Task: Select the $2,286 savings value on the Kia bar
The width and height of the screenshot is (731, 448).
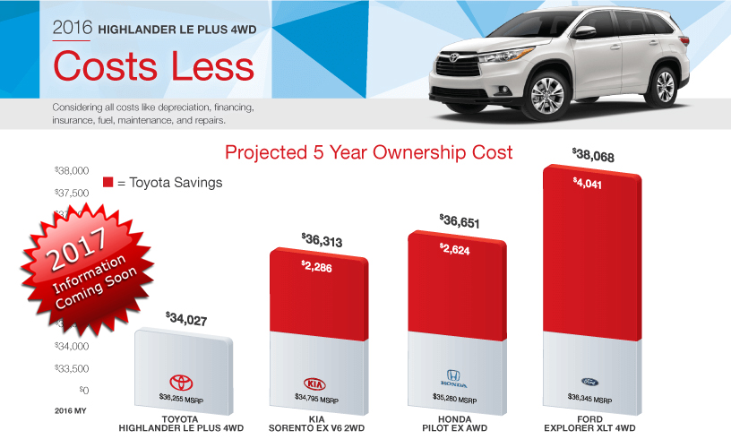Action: click(x=318, y=265)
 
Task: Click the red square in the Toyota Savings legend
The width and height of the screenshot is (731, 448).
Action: click(x=108, y=182)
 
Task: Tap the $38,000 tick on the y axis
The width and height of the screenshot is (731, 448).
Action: click(x=72, y=170)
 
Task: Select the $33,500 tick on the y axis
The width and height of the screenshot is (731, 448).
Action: click(x=72, y=368)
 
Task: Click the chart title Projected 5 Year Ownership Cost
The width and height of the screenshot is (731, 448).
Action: click(x=368, y=152)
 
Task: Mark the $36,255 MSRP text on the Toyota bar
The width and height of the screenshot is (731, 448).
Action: click(x=181, y=396)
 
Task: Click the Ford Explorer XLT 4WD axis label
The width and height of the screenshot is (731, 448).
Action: click(x=589, y=424)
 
